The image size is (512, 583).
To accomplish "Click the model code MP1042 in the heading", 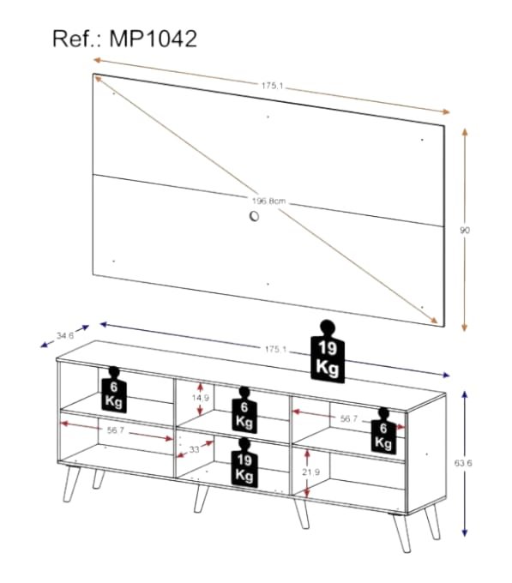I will [x=160, y=39].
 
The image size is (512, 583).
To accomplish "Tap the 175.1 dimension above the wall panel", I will [x=274, y=85].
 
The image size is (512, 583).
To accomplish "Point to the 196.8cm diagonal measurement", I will [x=268, y=201].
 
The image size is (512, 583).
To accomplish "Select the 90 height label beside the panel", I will [x=466, y=230].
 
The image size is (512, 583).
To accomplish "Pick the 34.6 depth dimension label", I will [x=64, y=336].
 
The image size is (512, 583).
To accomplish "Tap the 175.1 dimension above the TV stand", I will [x=275, y=350].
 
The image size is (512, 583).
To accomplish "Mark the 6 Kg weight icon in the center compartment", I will [x=244, y=410].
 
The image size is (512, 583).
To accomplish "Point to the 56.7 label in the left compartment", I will [x=117, y=432].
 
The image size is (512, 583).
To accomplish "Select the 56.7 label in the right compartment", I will [x=349, y=419].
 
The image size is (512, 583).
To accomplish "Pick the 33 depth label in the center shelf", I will [x=195, y=449].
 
